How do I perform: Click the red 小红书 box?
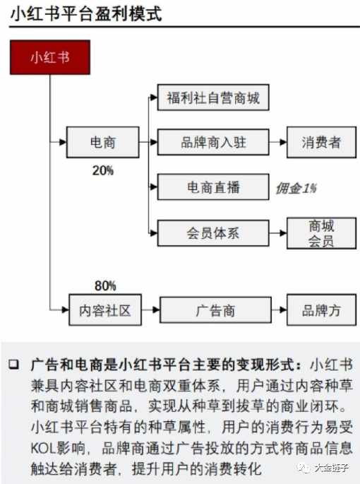50,57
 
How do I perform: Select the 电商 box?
103,142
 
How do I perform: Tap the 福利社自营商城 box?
213,98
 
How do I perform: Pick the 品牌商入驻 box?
213,142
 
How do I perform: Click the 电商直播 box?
213,187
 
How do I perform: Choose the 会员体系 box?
213,233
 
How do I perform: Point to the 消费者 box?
321,142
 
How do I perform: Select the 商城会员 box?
321,233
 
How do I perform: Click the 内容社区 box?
105,310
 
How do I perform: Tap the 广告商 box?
215,310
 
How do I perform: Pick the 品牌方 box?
321,310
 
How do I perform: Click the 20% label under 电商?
103,170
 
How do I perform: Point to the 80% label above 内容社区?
105,286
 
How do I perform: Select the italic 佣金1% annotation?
296,188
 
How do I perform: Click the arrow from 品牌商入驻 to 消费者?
277,142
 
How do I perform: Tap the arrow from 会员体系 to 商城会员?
277,233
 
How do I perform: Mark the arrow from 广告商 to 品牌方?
279,310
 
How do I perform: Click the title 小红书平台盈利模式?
86,14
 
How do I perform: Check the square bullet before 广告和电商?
14,364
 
